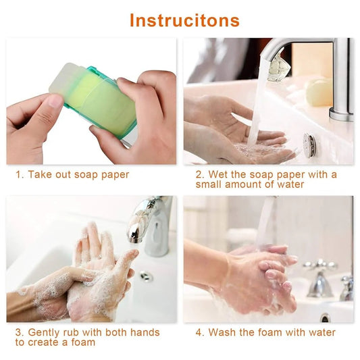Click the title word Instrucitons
[184, 20]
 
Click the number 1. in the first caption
[20, 174]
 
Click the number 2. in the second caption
[200, 174]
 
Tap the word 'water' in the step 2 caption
[288, 184]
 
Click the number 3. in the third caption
[20, 332]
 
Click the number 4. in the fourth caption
[200, 332]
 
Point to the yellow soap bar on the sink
[318, 93]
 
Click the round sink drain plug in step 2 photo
[309, 145]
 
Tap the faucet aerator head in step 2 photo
[276, 69]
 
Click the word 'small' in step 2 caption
[211, 184]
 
